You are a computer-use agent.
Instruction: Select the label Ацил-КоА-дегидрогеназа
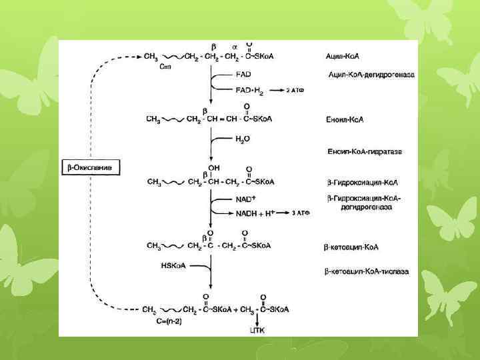click(x=371, y=74)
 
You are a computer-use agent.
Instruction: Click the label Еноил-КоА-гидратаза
click(x=364, y=152)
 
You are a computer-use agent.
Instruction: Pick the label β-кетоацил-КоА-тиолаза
click(x=367, y=271)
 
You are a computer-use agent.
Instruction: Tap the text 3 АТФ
click(x=302, y=213)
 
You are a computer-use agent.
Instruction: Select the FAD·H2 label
click(x=251, y=89)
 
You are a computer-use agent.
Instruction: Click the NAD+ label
click(x=246, y=199)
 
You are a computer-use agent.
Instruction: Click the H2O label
click(x=243, y=138)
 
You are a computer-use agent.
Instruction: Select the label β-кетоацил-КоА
click(x=351, y=247)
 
